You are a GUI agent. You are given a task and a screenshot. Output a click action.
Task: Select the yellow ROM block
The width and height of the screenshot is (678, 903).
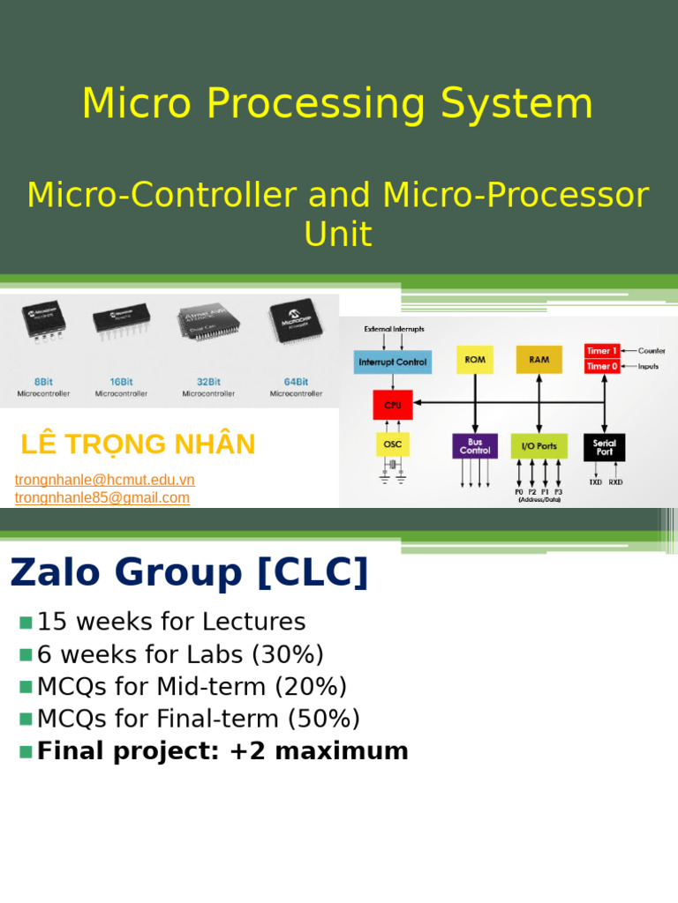tap(475, 360)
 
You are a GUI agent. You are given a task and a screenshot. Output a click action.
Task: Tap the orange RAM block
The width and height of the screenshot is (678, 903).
tap(539, 360)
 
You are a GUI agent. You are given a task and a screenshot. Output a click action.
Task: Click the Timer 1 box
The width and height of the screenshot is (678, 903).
tap(602, 350)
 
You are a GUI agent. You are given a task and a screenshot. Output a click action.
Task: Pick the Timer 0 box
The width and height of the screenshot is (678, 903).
tap(602, 365)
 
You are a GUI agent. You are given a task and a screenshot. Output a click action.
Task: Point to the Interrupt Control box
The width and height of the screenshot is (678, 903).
tap(393, 361)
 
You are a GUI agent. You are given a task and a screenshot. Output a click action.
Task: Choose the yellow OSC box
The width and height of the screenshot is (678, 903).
tap(393, 444)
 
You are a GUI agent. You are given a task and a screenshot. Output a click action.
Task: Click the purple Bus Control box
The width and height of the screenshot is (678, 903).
tap(475, 445)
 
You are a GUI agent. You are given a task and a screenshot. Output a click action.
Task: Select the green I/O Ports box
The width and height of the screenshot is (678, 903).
tap(539, 445)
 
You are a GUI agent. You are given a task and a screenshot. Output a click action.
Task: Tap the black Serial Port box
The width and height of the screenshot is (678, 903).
tap(604, 445)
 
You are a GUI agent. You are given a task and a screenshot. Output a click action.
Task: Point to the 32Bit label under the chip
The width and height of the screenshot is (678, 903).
tap(209, 382)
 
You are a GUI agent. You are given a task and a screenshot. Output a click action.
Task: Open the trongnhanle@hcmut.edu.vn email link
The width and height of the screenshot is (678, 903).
tap(105, 480)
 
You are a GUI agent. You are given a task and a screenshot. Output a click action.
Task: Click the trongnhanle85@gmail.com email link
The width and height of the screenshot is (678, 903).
tap(102, 497)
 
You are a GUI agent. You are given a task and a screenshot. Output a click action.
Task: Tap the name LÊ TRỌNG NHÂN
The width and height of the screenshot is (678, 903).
tap(138, 444)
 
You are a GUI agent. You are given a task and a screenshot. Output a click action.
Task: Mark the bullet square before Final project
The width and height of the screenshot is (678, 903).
tap(26, 751)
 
